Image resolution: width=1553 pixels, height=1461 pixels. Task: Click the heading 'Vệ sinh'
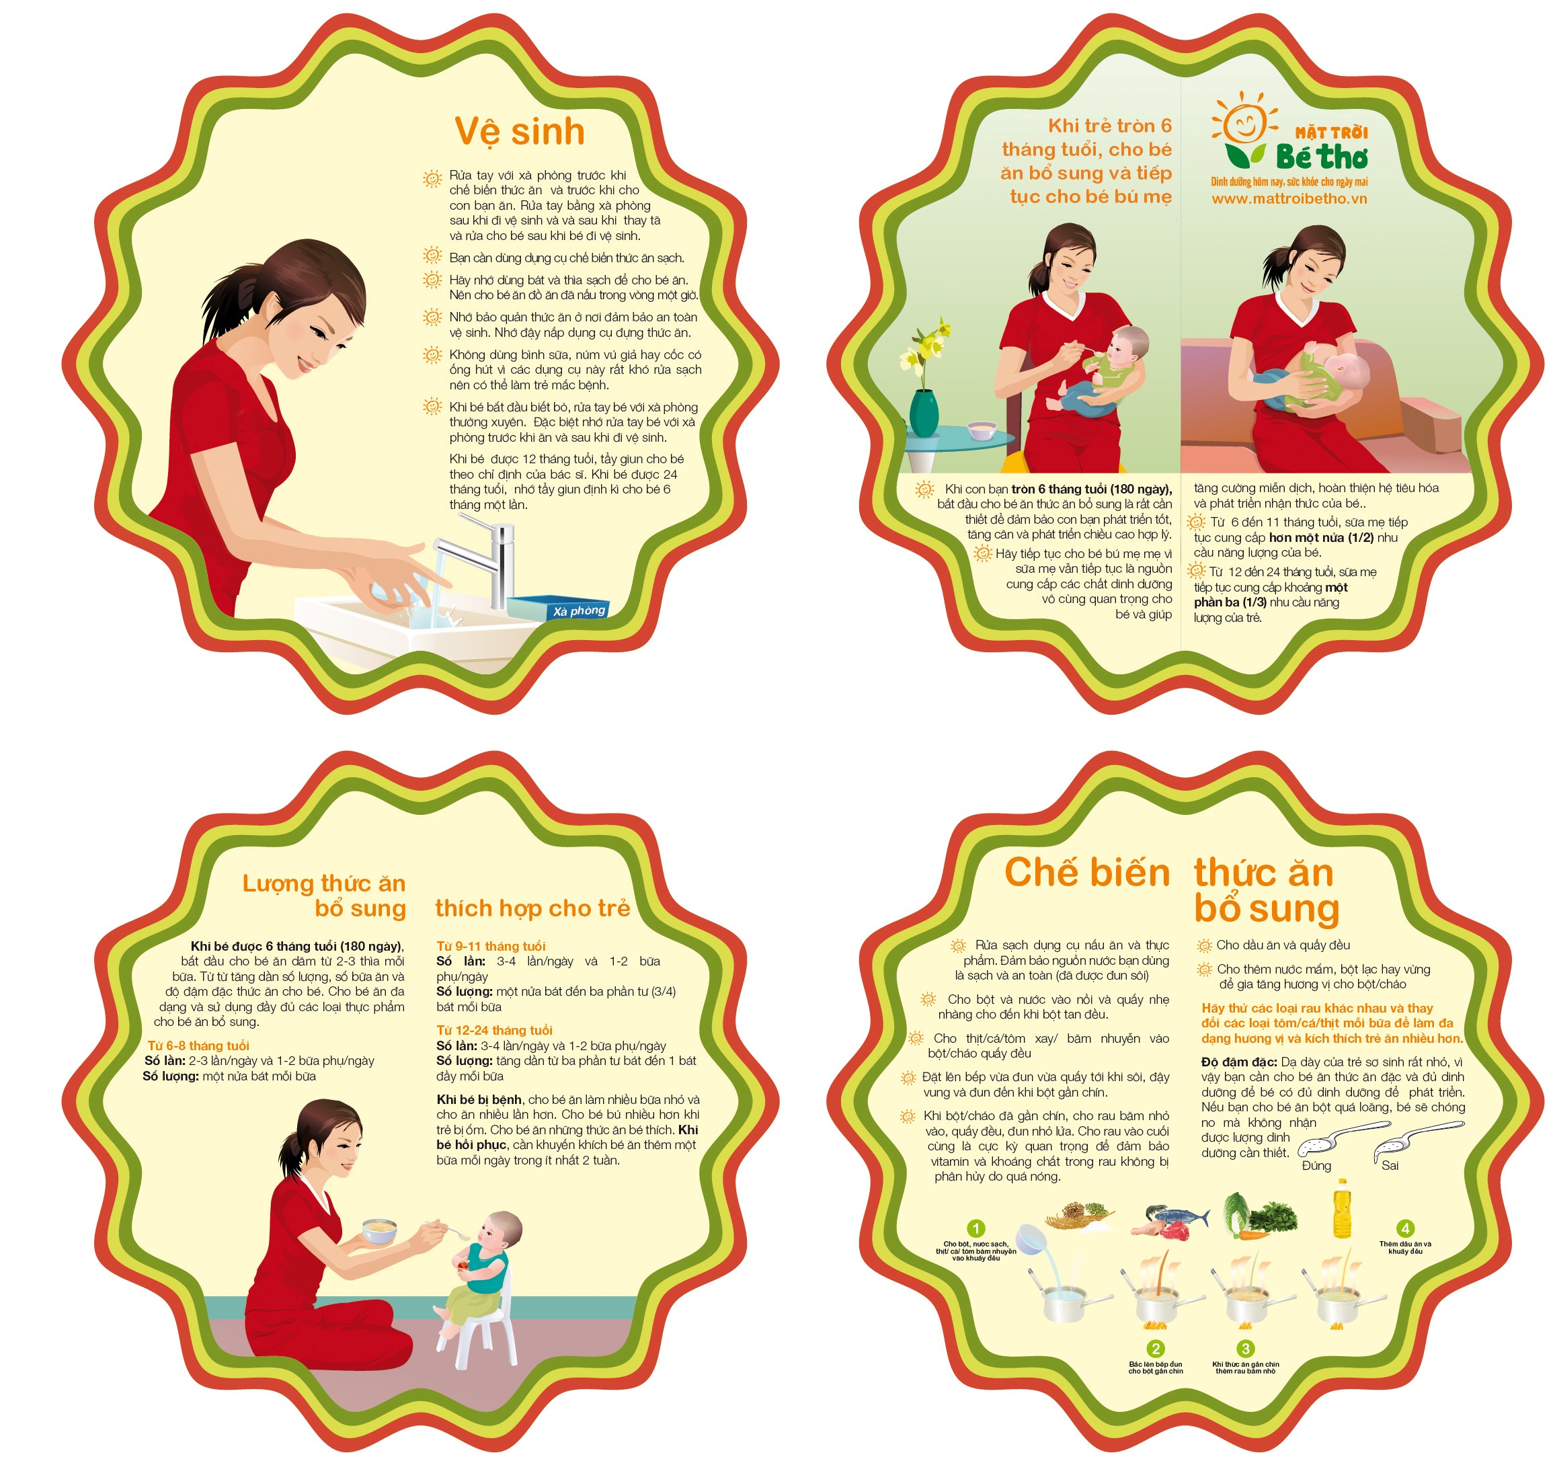click(x=520, y=132)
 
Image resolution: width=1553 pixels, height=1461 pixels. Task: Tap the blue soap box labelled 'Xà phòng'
click(x=557, y=608)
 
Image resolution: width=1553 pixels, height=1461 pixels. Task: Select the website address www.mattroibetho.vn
click(x=1289, y=198)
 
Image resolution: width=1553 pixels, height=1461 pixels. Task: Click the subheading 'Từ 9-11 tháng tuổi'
click(x=491, y=946)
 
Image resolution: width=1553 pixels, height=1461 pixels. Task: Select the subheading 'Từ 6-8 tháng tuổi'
click(x=198, y=1045)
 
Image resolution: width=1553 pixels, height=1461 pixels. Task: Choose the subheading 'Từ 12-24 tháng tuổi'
click(x=495, y=1030)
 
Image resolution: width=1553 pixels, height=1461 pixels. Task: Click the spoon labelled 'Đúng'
click(x=1341, y=1139)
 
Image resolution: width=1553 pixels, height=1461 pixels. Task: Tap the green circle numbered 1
click(x=975, y=1228)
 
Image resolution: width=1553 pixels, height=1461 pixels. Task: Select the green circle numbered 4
click(x=1404, y=1228)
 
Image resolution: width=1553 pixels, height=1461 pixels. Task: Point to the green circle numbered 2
click(x=1156, y=1349)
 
